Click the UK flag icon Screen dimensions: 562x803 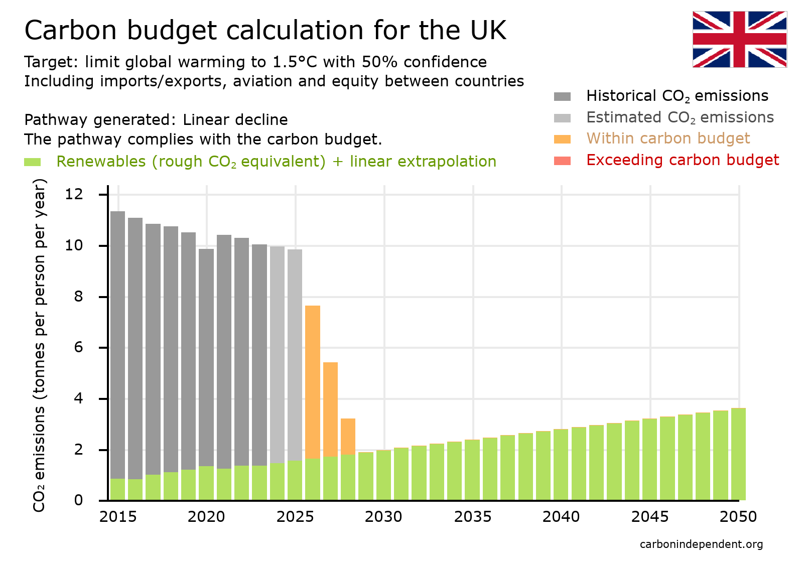(739, 39)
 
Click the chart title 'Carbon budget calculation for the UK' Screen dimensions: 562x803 (265, 30)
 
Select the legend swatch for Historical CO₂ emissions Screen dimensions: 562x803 (562, 96)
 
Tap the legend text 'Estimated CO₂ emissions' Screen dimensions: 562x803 (680, 117)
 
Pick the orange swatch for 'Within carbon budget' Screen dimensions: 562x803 (562, 139)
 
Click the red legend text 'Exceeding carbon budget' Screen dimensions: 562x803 (682, 160)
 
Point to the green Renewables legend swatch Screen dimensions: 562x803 (32, 162)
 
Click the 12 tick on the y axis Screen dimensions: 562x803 (74, 194)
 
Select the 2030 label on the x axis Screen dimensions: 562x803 (383, 517)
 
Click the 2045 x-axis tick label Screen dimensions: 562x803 (650, 517)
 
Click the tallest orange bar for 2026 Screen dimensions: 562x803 (313, 381)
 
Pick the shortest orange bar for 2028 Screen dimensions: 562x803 (348, 436)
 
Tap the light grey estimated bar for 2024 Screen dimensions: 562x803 (277, 351)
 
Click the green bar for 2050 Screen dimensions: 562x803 (738, 454)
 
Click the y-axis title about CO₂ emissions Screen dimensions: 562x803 (39, 345)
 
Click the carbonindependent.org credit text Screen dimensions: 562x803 (701, 544)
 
